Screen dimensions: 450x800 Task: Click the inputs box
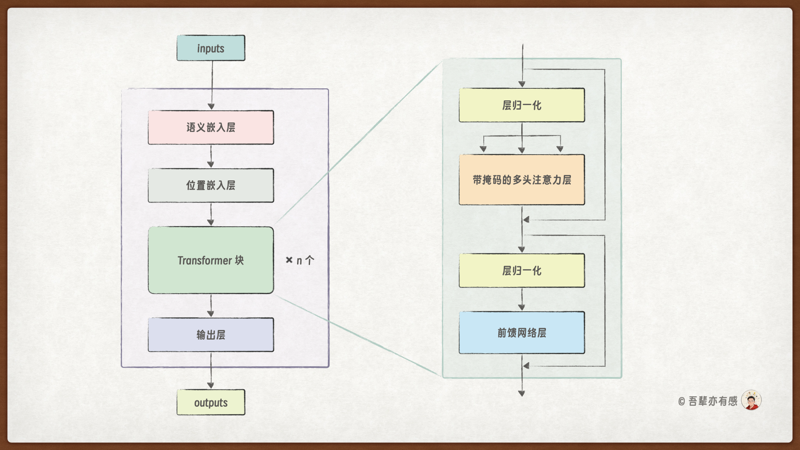click(x=211, y=48)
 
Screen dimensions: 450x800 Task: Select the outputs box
click(x=211, y=402)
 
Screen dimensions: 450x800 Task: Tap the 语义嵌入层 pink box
click(x=211, y=127)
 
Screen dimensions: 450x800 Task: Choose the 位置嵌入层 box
click(x=211, y=185)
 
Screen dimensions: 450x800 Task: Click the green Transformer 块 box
click(x=211, y=260)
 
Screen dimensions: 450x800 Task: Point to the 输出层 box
click(x=211, y=335)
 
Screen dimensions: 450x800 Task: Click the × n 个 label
click(x=300, y=260)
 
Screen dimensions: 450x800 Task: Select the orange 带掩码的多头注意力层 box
click(x=522, y=180)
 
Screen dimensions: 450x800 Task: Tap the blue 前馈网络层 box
click(x=522, y=333)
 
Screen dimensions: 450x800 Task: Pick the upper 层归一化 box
click(x=522, y=105)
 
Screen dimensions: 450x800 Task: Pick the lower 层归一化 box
click(x=522, y=271)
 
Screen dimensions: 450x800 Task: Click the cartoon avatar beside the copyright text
click(x=751, y=400)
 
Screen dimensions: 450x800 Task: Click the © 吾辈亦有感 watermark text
click(x=707, y=401)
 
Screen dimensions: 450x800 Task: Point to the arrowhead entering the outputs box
click(x=211, y=385)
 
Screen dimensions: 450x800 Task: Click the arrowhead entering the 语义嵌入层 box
click(x=211, y=107)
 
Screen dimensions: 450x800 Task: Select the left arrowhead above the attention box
click(x=483, y=149)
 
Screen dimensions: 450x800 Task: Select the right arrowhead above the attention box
click(x=560, y=149)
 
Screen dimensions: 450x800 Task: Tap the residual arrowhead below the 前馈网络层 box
click(x=526, y=366)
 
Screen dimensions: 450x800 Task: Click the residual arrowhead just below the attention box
click(x=526, y=220)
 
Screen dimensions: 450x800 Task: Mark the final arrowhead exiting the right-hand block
click(x=522, y=393)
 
